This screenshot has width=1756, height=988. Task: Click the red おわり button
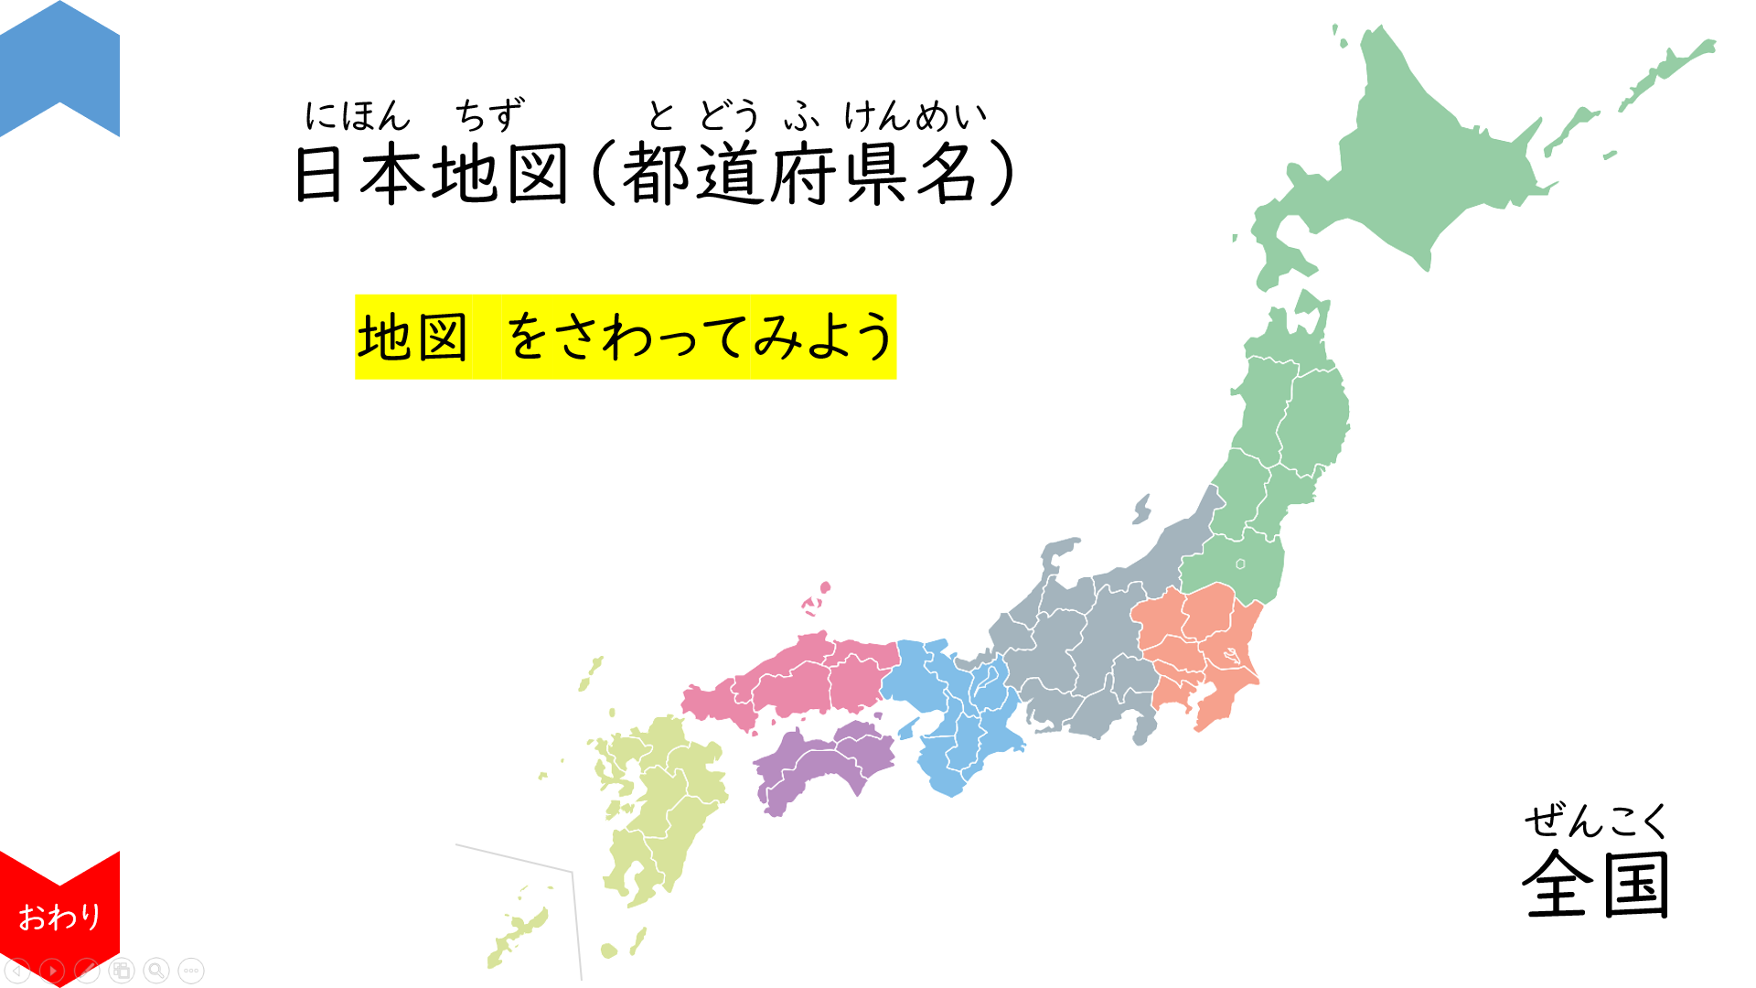59,915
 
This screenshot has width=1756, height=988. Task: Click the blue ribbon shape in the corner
59,64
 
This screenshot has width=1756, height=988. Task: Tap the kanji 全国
1596,884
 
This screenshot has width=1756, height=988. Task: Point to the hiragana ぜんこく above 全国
1596,820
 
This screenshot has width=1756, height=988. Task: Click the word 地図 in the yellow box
412,337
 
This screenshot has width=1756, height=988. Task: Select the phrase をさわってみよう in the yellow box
700,337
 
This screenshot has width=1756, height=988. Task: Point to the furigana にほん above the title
358,116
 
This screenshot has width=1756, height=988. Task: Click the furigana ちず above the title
489,116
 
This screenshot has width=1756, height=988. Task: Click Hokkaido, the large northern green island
1427,156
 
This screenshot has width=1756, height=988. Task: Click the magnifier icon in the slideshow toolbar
156,970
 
